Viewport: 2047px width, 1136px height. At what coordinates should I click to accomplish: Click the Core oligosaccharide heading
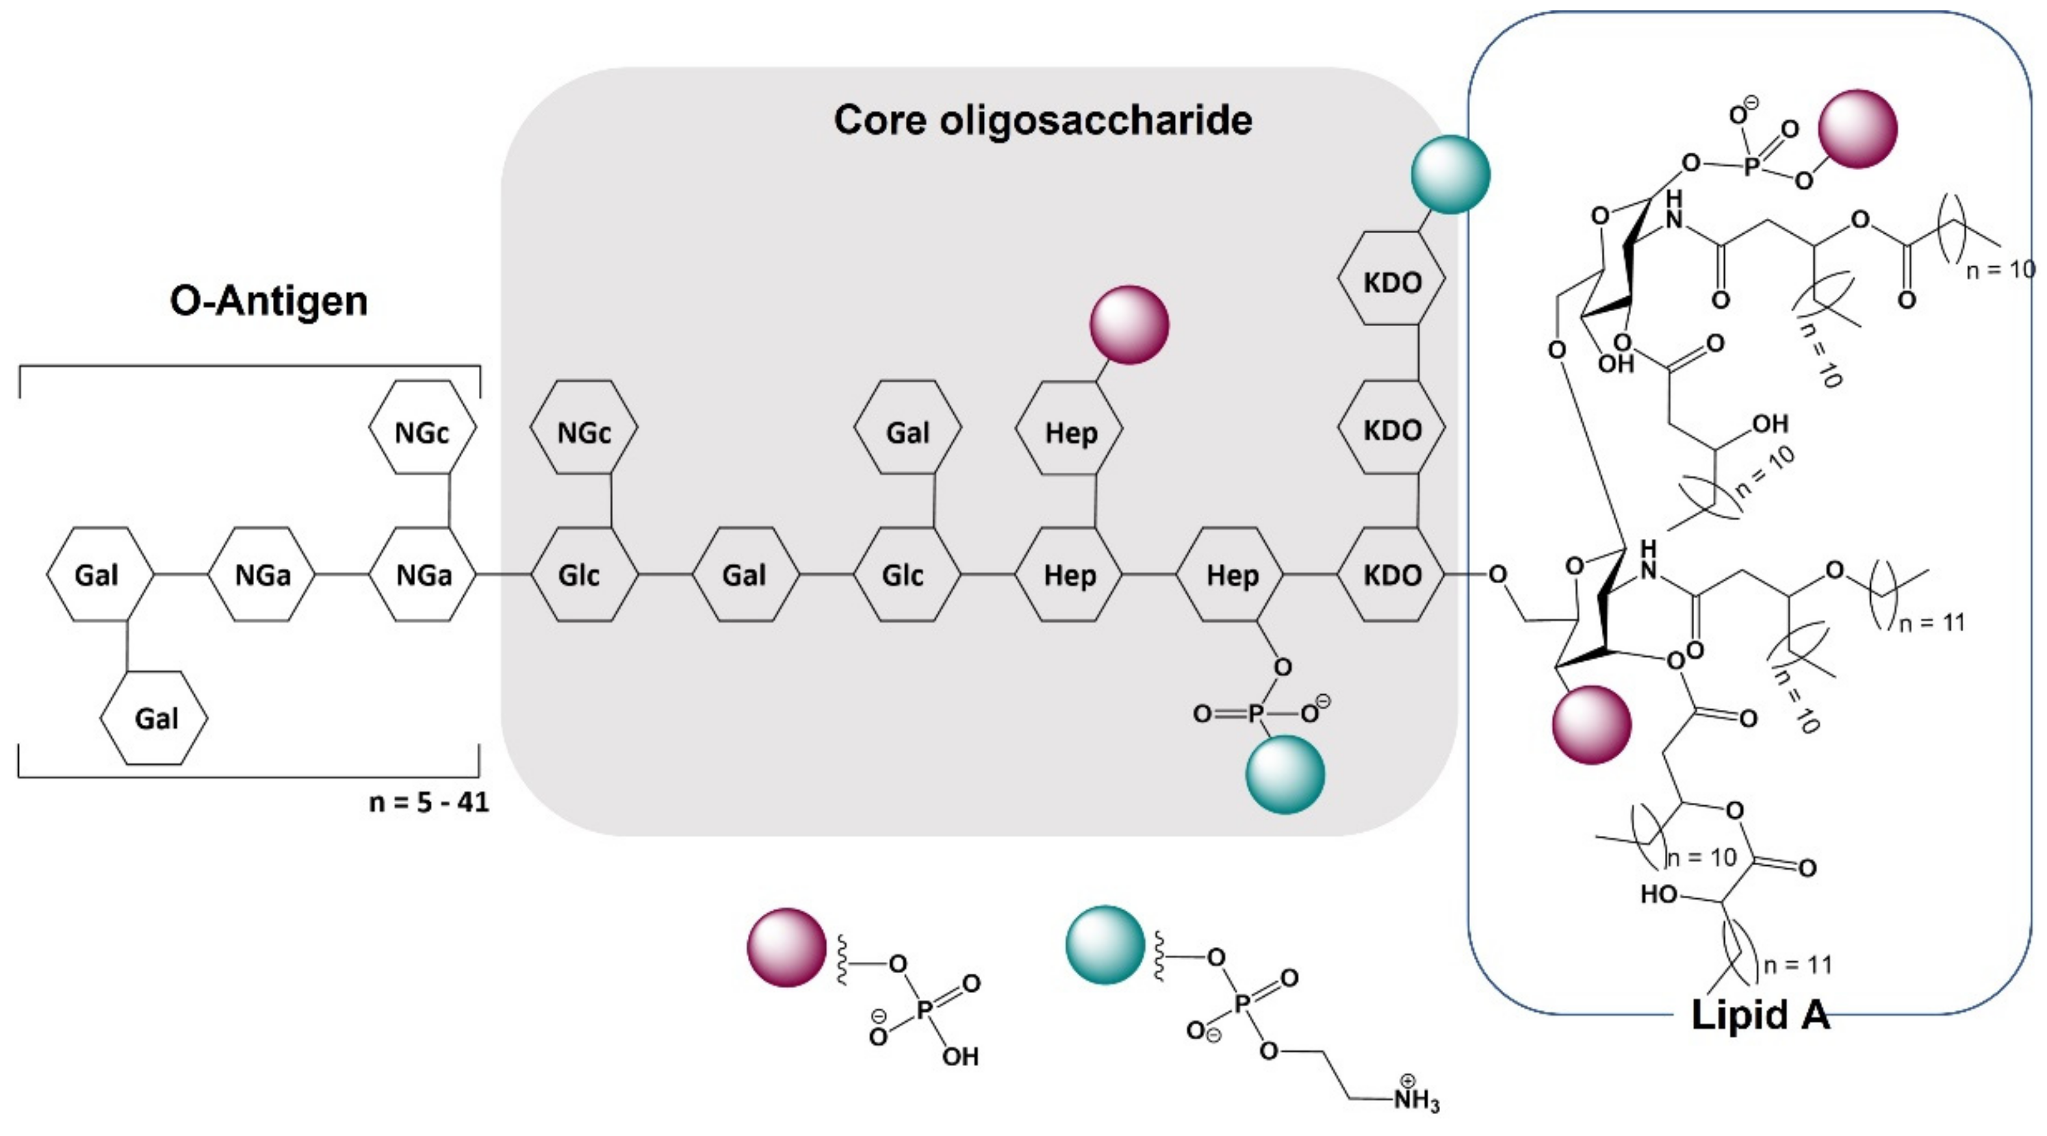[1042, 121]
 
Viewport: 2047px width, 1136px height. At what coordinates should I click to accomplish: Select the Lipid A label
[1759, 1015]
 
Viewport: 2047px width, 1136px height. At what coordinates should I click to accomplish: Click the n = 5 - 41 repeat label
[429, 802]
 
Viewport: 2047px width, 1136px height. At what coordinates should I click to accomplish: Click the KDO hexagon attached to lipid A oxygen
[1391, 574]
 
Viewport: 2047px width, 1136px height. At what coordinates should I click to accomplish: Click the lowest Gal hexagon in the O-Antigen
[154, 718]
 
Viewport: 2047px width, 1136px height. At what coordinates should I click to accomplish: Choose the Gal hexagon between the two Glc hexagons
[745, 574]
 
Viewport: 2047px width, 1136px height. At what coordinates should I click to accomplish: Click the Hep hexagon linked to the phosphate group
[1231, 574]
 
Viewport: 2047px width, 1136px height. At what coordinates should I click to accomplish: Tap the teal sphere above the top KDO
[1450, 175]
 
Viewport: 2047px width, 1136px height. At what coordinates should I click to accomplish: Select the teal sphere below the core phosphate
[1285, 774]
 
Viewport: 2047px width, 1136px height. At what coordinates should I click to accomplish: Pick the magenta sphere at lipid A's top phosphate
[1858, 129]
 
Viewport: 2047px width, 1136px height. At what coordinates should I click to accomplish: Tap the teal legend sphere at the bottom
[1105, 944]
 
